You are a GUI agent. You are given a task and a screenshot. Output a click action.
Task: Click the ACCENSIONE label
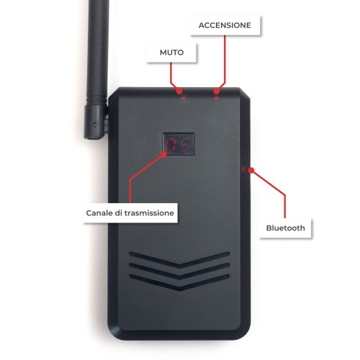point(225,25)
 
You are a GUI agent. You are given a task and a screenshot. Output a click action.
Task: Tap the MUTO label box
point(171,53)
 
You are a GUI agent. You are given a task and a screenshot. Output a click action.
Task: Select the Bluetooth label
point(285,228)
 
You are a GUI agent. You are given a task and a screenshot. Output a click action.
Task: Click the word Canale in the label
point(99,213)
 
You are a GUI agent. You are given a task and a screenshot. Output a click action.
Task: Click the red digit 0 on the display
point(171,145)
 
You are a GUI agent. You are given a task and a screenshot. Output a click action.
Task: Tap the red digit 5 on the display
point(185,145)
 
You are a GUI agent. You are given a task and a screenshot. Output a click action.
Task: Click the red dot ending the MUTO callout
point(179,91)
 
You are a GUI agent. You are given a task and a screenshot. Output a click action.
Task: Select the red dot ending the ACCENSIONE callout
point(217,91)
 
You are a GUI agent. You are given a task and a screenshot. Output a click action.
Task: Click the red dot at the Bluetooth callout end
point(251,171)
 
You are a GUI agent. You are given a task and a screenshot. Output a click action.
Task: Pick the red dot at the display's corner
point(164,155)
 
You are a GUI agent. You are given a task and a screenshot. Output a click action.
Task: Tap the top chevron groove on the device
point(179,259)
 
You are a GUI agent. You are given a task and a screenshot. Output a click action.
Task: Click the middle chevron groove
point(179,271)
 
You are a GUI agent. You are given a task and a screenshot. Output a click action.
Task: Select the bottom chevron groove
point(179,282)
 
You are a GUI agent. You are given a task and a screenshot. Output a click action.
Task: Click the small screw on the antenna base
point(95,125)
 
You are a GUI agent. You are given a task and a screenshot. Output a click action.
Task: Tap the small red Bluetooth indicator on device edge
point(243,169)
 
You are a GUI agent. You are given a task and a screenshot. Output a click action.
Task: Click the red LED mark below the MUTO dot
point(184,98)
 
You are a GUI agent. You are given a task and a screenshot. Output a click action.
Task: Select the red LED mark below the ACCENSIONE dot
point(216,98)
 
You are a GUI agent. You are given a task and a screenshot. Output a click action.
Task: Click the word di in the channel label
point(118,213)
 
